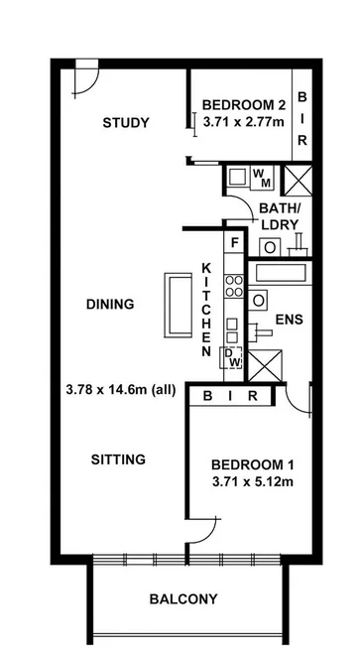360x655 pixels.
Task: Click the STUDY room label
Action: (126, 123)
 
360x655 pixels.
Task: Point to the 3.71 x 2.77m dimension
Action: (243, 122)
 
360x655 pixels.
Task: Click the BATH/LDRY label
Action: (279, 215)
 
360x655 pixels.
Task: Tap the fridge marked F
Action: (235, 242)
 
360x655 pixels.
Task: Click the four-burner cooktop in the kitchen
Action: (235, 286)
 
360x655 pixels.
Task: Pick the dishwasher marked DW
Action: (234, 357)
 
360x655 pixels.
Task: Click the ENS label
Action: (289, 320)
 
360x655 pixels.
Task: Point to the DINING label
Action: (109, 304)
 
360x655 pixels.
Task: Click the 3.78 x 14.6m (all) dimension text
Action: (117, 390)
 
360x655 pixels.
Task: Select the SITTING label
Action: (119, 459)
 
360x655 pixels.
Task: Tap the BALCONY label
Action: (183, 598)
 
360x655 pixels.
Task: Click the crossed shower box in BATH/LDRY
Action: (297, 179)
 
